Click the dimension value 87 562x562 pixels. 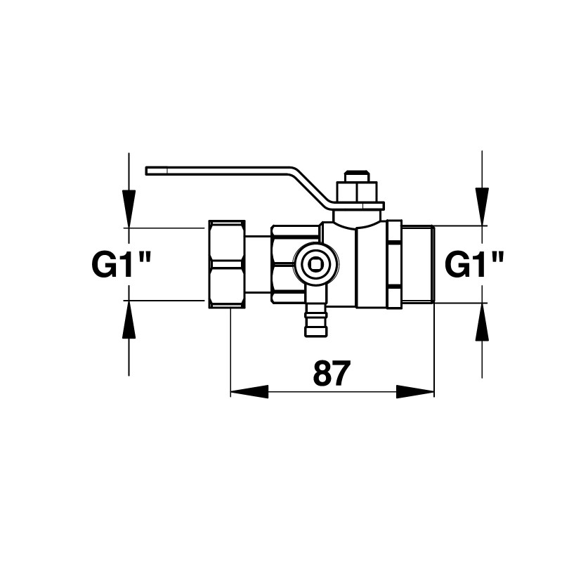click(x=330, y=373)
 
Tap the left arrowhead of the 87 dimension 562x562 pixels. click(x=249, y=391)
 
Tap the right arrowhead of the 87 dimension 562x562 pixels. click(x=415, y=391)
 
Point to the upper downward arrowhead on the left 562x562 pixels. click(x=129, y=208)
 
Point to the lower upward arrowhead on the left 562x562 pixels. click(x=129, y=319)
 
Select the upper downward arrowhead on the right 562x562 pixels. click(x=482, y=207)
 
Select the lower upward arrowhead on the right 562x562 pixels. click(x=482, y=322)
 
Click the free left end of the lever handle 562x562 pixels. click(x=147, y=171)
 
